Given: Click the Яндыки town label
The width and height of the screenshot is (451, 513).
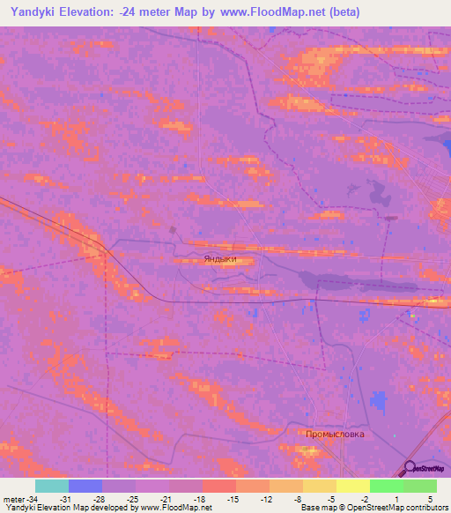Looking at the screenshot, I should click(219, 258).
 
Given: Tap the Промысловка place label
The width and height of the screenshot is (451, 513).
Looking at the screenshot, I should click(335, 435).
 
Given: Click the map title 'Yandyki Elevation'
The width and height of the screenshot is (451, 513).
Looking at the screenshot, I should click(63, 13).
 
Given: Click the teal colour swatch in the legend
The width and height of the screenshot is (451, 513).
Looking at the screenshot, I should click(52, 486).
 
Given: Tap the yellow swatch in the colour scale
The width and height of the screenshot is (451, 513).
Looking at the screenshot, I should click(352, 486).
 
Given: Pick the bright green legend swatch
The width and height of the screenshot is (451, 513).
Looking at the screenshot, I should click(386, 486).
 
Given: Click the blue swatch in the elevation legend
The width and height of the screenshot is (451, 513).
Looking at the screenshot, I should click(85, 486).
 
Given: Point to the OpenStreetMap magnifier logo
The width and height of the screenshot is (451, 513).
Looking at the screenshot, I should click(410, 470).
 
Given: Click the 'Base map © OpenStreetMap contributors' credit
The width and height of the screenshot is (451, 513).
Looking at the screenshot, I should click(373, 508).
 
